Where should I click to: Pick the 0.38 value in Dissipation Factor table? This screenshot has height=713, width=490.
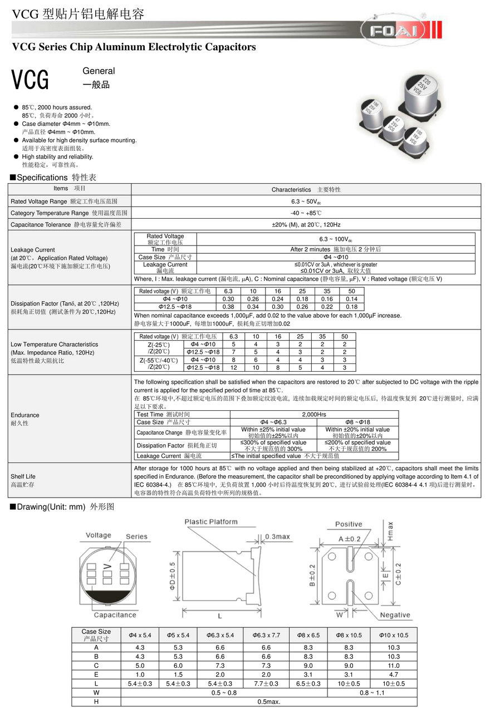(228, 307)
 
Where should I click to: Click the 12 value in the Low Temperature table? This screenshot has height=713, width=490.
(233, 368)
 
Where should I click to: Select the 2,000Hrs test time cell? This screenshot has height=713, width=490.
(314, 415)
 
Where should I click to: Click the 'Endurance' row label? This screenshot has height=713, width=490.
(25, 415)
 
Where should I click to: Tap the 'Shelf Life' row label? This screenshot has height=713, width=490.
(23, 476)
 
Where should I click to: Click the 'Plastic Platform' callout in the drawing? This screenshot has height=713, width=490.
(211, 522)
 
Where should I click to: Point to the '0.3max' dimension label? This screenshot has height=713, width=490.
(277, 537)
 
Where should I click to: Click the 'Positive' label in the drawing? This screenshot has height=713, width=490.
(349, 524)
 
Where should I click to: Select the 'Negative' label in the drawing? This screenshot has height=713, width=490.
(395, 615)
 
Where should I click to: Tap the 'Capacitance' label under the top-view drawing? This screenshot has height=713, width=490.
(115, 615)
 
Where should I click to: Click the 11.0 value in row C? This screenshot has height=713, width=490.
(394, 666)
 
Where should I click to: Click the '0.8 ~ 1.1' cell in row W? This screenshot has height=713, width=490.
(372, 693)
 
